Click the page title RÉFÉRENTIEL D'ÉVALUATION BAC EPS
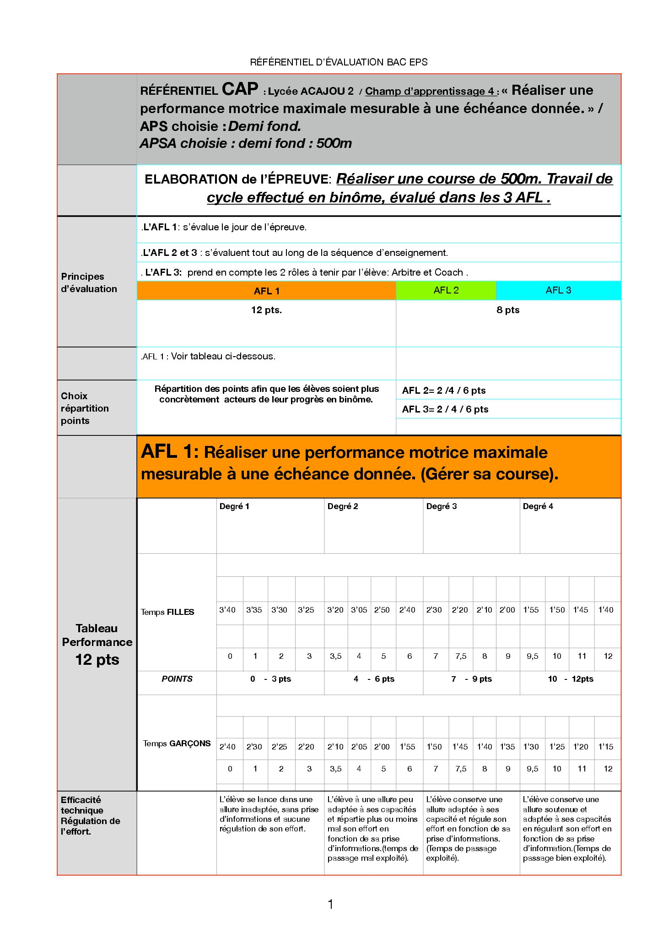[x=339, y=62]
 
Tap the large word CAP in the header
[x=240, y=89]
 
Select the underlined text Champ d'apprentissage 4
[x=430, y=91]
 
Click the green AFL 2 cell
[x=446, y=290]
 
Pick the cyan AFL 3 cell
[x=558, y=290]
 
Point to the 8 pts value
[x=508, y=310]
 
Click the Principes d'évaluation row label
[x=89, y=282]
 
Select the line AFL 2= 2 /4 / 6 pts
[x=444, y=391]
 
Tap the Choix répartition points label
[x=85, y=408]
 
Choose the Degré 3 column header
[x=442, y=506]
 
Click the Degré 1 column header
[x=234, y=506]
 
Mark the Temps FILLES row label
[x=167, y=612]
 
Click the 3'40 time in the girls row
[x=227, y=610]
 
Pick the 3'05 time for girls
[x=359, y=610]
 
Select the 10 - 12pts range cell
[x=571, y=679]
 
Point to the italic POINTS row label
[x=177, y=679]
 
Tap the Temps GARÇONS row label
[x=177, y=744]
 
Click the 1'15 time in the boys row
[x=606, y=747]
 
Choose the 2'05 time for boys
[x=359, y=747]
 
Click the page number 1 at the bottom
[x=330, y=904]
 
